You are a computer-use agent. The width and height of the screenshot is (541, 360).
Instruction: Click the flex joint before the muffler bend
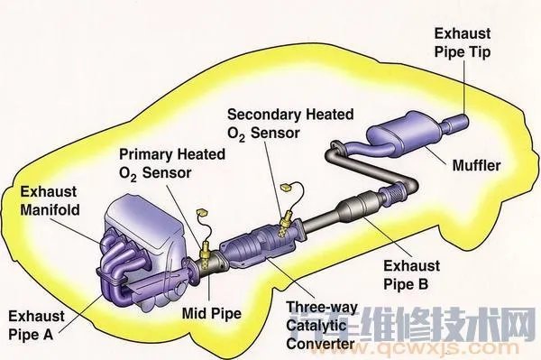394,191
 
